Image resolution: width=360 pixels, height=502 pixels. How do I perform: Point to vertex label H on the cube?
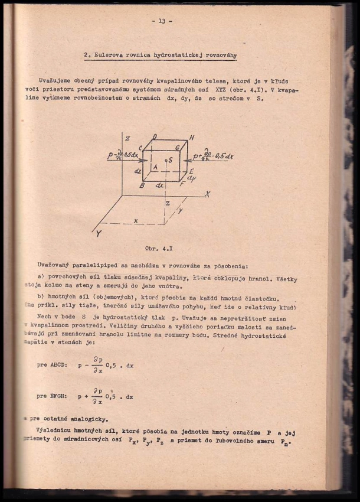point(192,138)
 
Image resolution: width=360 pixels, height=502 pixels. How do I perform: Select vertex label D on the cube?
point(154,138)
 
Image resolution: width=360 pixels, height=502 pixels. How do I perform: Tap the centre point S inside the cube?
point(171,160)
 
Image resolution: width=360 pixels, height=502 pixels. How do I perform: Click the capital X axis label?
point(207,194)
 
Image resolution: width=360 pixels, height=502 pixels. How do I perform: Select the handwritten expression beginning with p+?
point(214,157)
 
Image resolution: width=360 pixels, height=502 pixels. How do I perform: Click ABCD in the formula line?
point(62,366)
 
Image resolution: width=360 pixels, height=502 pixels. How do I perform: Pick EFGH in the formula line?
point(62,395)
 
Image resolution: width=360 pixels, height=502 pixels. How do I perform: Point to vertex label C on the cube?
point(140,148)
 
